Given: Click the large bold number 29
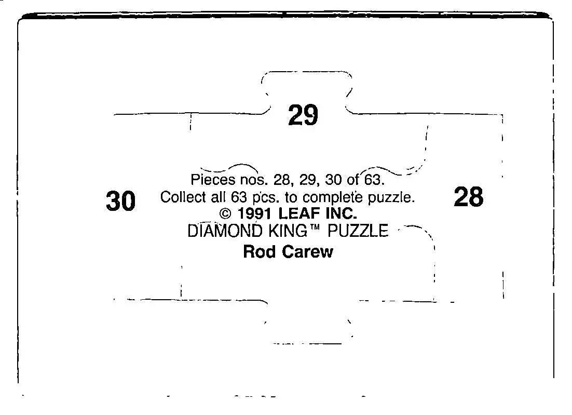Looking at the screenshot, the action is tap(303, 115).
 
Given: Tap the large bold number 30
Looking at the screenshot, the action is tap(121, 201).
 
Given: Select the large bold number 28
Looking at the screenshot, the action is tap(469, 197).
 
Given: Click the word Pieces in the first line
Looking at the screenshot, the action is tap(213, 180).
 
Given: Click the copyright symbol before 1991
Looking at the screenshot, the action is tap(226, 213).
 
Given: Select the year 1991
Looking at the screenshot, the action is tap(254, 213).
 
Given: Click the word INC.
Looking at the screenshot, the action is tap(342, 213).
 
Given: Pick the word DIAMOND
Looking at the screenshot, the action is tap(225, 231).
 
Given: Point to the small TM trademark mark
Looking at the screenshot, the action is tap(315, 227).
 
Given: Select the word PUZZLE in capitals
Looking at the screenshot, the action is tap(358, 231).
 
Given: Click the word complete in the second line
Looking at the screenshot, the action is tap(333, 197).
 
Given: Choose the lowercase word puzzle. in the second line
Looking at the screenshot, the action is tap(391, 197).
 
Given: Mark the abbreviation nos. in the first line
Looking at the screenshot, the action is tap(255, 180).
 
